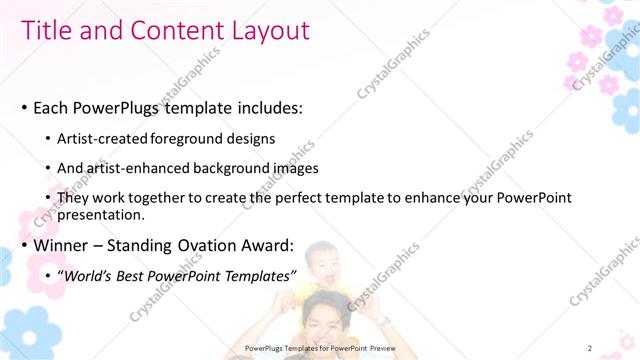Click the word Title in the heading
tap(47, 31)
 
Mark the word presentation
tap(101, 214)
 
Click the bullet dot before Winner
tap(23, 245)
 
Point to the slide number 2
tap(589, 347)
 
